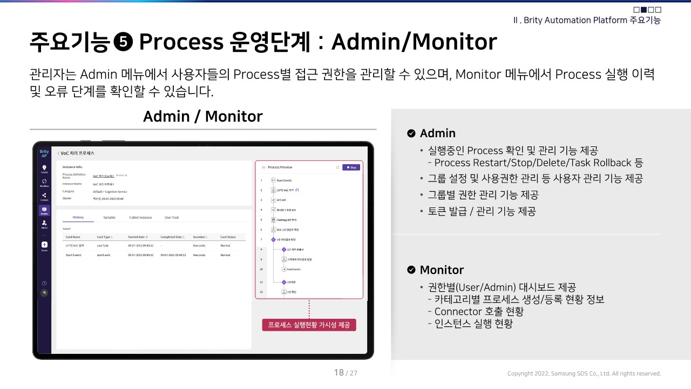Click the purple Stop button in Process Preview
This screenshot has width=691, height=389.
coord(351,167)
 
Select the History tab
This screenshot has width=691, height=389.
coord(78,217)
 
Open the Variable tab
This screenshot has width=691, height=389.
coord(109,217)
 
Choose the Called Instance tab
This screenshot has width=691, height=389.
coord(140,217)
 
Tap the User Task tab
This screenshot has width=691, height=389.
coord(172,217)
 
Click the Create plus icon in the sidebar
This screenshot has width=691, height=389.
coord(44,245)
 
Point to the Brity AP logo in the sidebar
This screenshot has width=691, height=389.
coord(44,153)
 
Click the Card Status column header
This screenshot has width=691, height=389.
coord(228,237)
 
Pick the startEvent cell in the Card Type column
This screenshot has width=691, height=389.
coord(104,255)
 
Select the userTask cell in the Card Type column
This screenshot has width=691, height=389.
coord(103,245)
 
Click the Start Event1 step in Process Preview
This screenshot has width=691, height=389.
coord(283,180)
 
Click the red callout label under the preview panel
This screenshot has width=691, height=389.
coord(309,325)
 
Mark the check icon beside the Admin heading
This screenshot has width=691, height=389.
coord(411,133)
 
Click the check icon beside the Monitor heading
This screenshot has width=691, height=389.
coord(411,270)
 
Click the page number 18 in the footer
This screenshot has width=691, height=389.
coord(339,372)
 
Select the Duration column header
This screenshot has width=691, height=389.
coord(199,237)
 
